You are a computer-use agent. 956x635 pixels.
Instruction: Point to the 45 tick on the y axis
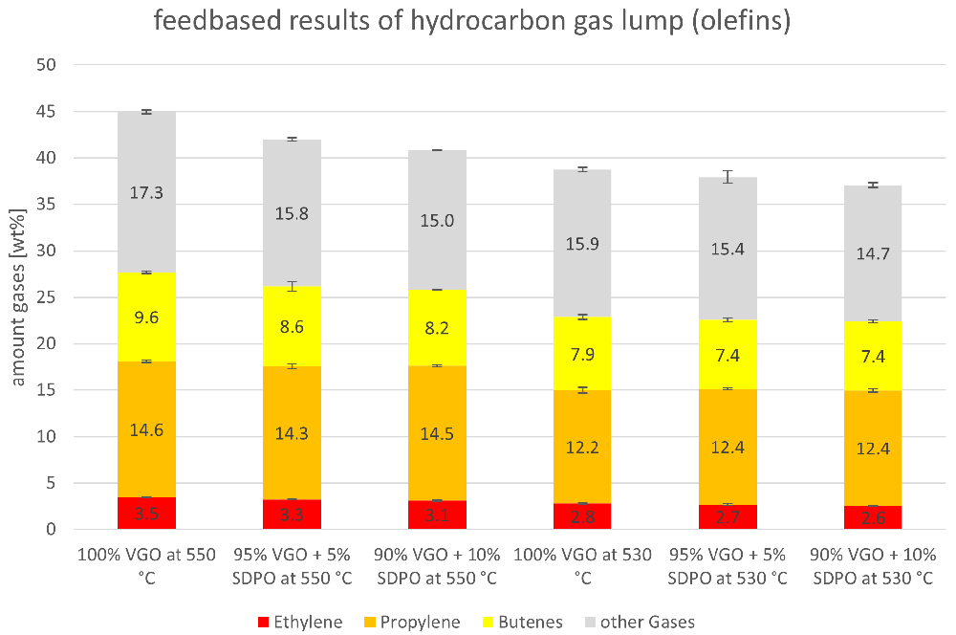[x=46, y=112]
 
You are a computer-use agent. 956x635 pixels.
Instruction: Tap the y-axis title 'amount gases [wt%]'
[x=18, y=297]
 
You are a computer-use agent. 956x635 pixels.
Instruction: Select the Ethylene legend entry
[x=300, y=623]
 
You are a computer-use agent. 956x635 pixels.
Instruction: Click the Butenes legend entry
[x=523, y=623]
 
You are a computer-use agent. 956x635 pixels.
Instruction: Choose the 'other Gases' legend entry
[x=640, y=623]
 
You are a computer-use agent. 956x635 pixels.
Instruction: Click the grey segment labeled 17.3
[x=147, y=192]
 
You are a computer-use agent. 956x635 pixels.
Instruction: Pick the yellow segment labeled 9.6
[x=147, y=317]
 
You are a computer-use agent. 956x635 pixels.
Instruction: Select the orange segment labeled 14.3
[x=292, y=433]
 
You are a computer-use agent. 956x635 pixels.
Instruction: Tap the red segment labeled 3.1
[x=437, y=515]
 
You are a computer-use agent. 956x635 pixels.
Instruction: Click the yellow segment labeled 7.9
[x=582, y=354]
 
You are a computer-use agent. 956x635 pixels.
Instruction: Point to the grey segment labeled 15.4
[x=728, y=249]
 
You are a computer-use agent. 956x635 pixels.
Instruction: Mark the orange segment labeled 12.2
[x=582, y=448]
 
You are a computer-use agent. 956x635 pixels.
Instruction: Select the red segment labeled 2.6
[x=873, y=517]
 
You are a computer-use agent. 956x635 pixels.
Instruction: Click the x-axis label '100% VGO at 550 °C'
[x=146, y=566]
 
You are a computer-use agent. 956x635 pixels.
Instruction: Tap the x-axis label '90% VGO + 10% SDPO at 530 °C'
[x=873, y=566]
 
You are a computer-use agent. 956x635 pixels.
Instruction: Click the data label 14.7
[x=873, y=253]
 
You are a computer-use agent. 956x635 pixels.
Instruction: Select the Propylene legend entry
[x=412, y=623]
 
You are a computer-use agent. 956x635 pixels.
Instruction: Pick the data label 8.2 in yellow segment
[x=437, y=328]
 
